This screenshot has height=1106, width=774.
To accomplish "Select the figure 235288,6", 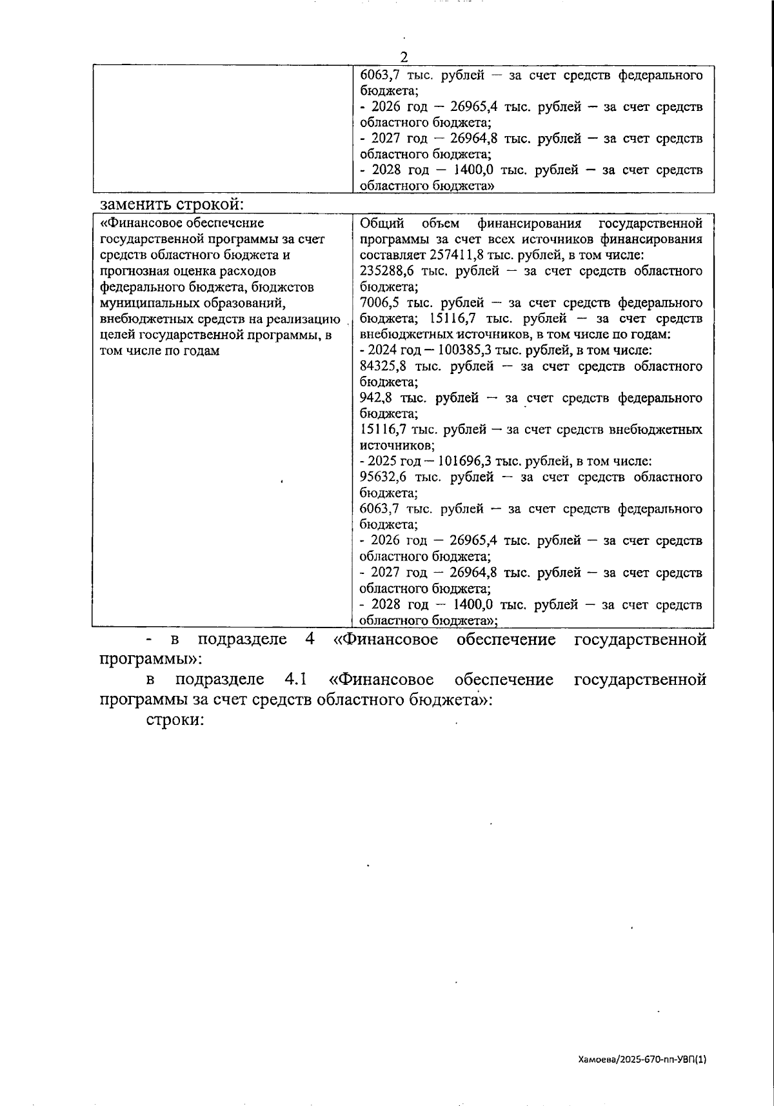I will tap(386, 272).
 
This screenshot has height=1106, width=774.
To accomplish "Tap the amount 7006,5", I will tap(380, 303).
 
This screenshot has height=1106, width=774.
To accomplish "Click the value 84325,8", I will tap(385, 367).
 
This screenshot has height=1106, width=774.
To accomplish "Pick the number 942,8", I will tap(377, 399).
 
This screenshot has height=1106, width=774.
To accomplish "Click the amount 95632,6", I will tap(385, 477).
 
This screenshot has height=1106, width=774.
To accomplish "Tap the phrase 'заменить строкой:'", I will tap(172, 204).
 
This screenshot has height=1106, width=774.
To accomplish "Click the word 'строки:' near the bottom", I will tap(175, 720).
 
